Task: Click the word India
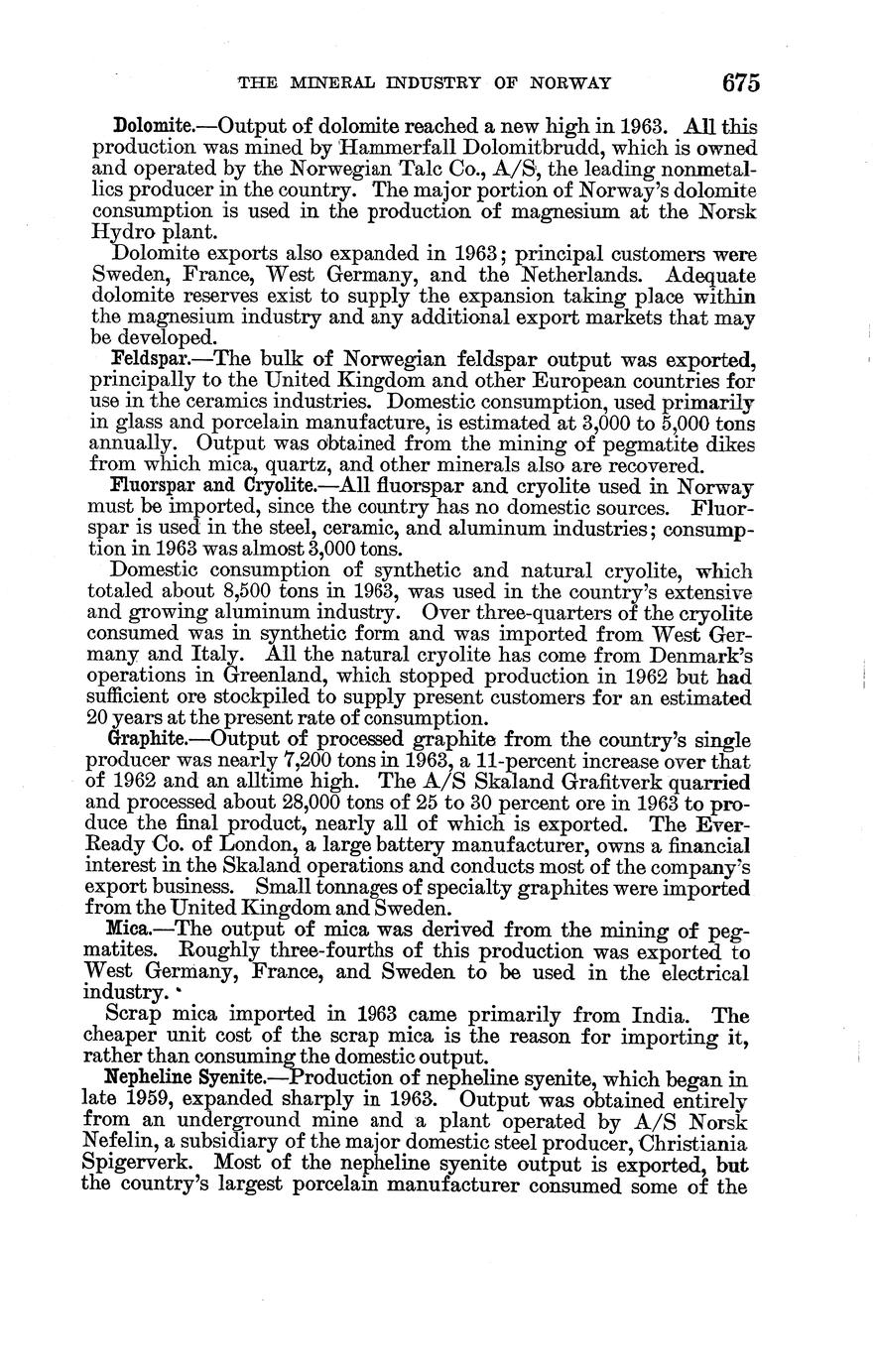[x=647, y=1015]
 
